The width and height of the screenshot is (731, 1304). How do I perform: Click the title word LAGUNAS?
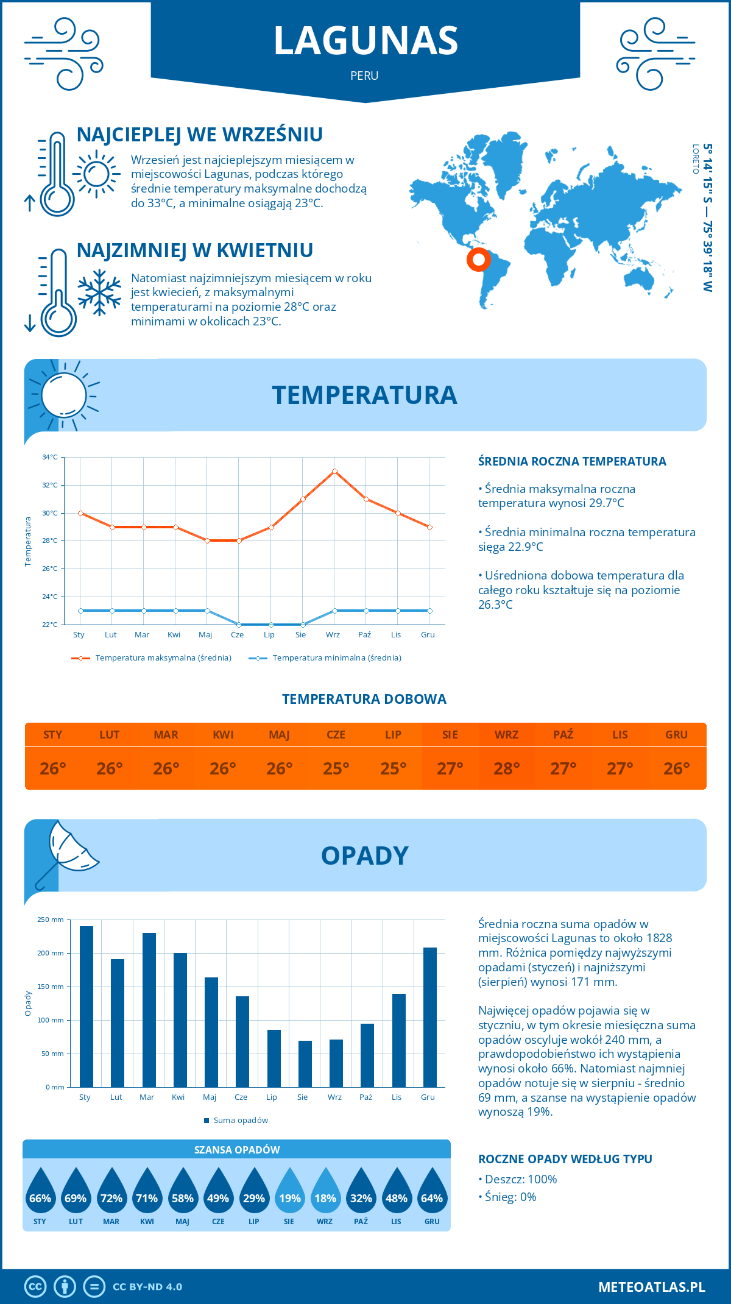pos(365,41)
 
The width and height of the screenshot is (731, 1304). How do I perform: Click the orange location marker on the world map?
pos(479,260)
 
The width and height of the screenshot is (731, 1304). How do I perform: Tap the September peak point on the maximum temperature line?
pos(334,471)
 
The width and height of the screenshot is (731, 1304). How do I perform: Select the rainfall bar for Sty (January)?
pos(87,1006)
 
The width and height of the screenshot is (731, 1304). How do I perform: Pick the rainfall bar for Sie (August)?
pos(305,1063)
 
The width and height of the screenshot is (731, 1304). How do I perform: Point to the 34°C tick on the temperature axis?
pos(50,457)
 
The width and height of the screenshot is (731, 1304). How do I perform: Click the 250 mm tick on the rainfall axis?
pos(51,920)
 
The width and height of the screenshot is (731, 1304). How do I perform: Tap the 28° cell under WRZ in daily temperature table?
pos(506,768)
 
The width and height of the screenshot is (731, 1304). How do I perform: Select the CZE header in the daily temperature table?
pos(336,734)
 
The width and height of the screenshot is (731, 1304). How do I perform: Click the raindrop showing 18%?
pos(325,1192)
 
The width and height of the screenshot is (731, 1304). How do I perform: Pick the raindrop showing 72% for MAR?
pos(111,1192)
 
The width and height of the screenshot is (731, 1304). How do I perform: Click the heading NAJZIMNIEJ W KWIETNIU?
pos(195,250)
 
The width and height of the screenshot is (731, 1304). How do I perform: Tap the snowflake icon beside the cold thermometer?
pos(99,292)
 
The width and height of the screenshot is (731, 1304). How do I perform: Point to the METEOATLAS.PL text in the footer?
pos(651,1286)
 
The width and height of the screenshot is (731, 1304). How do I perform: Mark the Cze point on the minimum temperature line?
pos(239,625)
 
